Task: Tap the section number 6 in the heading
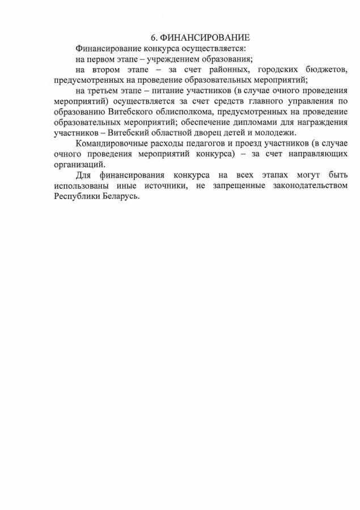tap(154, 37)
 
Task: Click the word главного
tap(255, 101)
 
